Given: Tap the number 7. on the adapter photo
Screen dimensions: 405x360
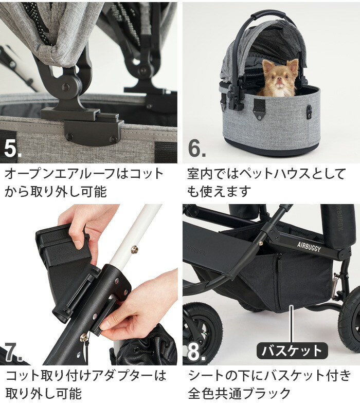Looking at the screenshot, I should [x=13, y=352].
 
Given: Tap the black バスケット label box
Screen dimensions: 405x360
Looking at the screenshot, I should [x=292, y=351].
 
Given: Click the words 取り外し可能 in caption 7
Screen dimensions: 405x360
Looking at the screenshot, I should [x=44, y=394].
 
